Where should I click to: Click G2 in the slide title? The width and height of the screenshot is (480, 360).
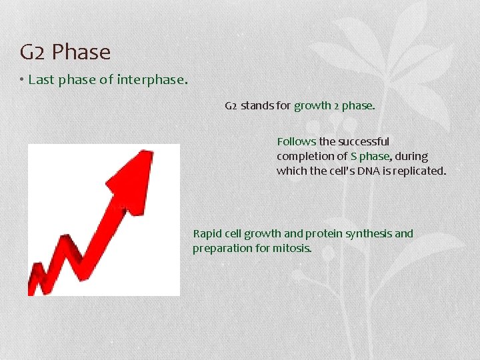click(x=33, y=51)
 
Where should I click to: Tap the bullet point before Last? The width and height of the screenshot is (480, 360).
click(x=22, y=80)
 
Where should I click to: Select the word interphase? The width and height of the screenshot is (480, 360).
click(x=152, y=80)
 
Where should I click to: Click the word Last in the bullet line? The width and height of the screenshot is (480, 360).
click(x=41, y=80)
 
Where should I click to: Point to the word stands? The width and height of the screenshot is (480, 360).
click(x=256, y=106)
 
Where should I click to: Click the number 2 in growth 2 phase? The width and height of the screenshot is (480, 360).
click(x=337, y=106)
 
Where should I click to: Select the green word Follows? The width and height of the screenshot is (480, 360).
click(x=296, y=141)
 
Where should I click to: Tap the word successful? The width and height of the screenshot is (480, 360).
click(x=363, y=141)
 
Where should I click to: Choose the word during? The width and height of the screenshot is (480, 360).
click(x=411, y=157)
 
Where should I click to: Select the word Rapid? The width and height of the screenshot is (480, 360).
click(x=207, y=234)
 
